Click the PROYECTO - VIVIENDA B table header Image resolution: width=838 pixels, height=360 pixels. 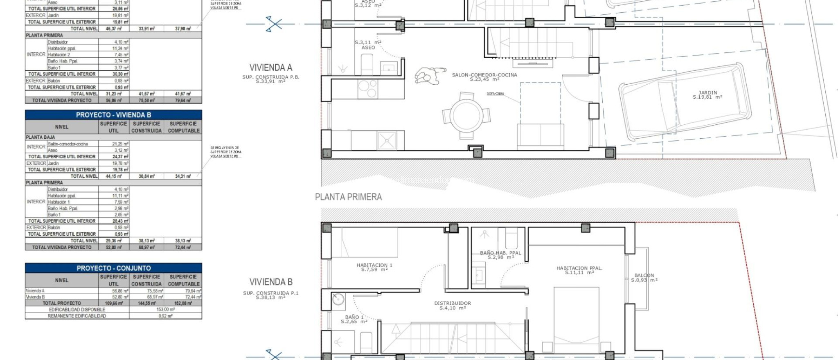pyautogui.click(x=113, y=115)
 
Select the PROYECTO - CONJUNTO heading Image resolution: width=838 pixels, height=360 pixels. pyautogui.click(x=113, y=268)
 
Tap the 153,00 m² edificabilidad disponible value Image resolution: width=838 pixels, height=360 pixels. pyautogui.click(x=165, y=310)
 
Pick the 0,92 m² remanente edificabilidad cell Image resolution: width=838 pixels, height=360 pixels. pyautogui.click(x=165, y=316)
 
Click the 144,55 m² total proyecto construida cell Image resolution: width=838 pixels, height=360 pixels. pyautogui.click(x=146, y=303)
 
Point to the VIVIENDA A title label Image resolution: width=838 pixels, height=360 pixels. pyautogui.click(x=271, y=67)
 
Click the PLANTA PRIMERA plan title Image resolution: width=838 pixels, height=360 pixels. pyautogui.click(x=348, y=197)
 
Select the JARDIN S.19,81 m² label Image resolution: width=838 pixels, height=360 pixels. pyautogui.click(x=707, y=95)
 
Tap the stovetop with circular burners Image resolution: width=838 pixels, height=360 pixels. pyautogui.click(x=368, y=89)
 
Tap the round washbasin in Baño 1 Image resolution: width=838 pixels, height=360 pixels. pyautogui.click(x=338, y=299)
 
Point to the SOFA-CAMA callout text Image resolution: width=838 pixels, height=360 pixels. pyautogui.click(x=495, y=94)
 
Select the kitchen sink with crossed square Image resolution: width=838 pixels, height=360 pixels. pyautogui.click(x=386, y=140)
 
